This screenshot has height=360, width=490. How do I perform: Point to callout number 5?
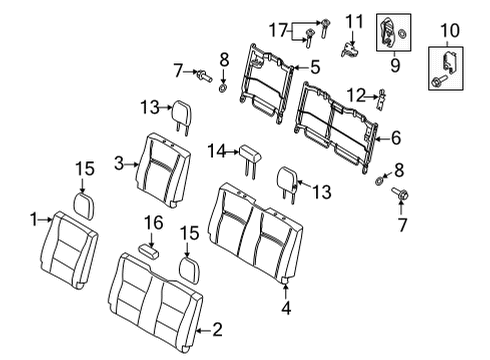pyautogui.click(x=314, y=68)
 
